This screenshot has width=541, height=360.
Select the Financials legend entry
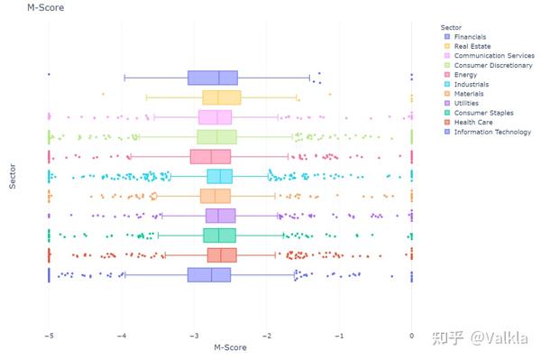coord(471,36)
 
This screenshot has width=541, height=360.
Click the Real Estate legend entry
coord(472,45)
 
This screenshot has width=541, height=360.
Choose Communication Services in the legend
coord(493,55)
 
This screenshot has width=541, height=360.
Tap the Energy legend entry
coord(466,75)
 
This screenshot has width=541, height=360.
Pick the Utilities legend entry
coord(469,104)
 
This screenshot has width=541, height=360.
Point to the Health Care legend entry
coord(473,123)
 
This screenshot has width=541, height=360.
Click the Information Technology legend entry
coord(492,133)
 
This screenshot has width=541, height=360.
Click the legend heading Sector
coord(452,26)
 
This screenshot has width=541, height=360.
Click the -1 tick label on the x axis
coord(338,337)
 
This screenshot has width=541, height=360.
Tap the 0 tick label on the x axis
coord(412,337)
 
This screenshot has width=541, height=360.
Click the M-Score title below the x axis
coord(229,347)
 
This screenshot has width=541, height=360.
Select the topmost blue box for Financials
coord(212,78)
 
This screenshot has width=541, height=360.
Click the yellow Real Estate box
coord(222,97)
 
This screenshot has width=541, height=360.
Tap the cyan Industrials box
coord(219,176)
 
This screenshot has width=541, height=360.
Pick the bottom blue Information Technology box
coord(209,274)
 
